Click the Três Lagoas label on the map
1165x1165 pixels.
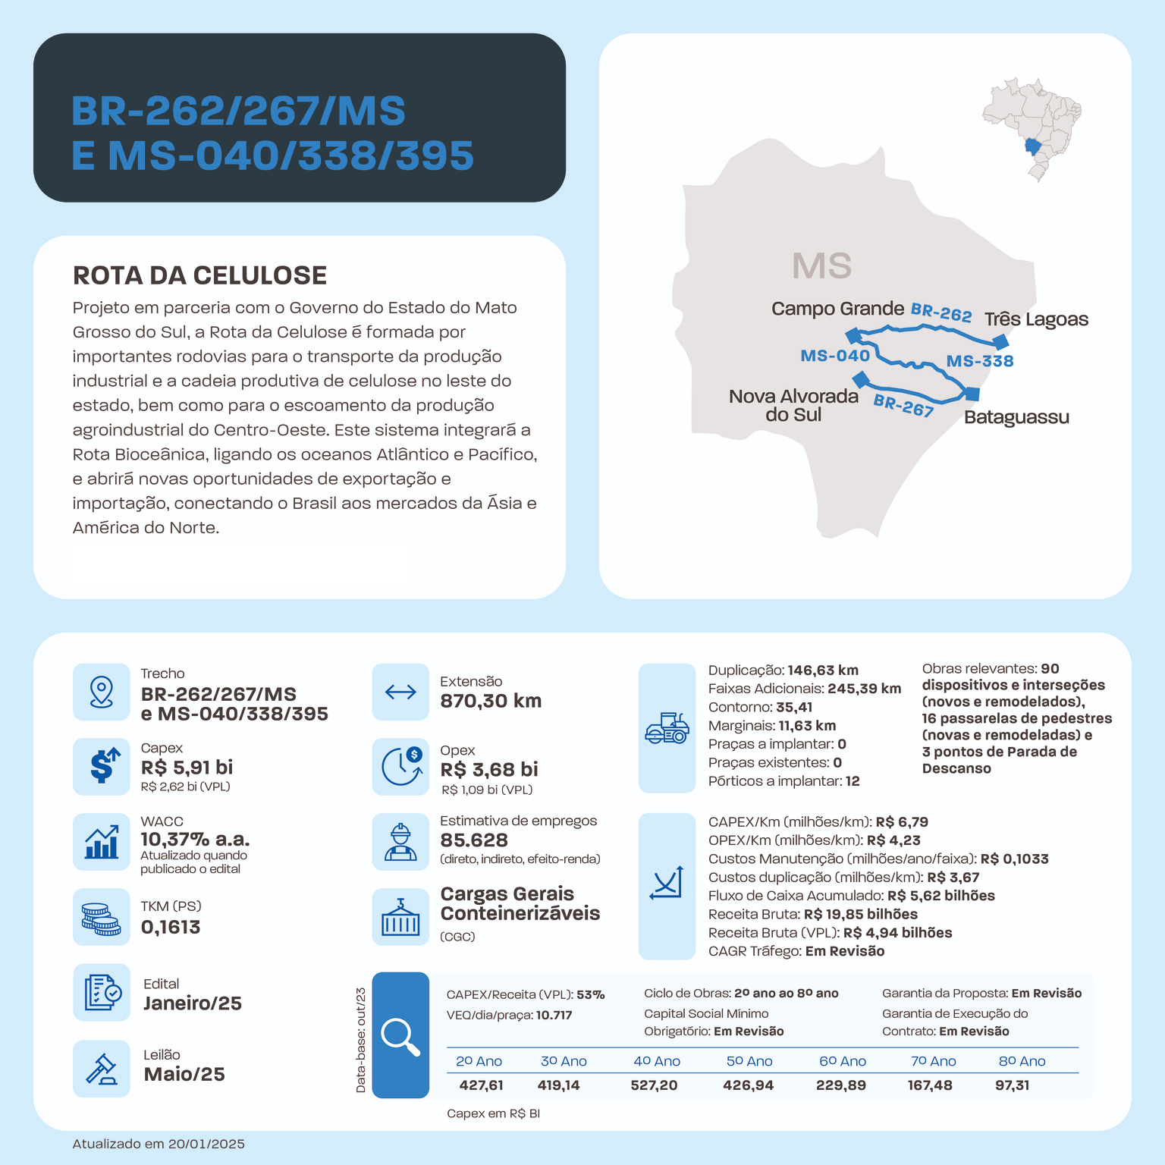coord(1036,319)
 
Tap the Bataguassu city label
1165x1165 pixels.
coord(1016,417)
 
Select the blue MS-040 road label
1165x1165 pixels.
coord(835,356)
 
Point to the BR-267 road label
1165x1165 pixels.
coord(903,406)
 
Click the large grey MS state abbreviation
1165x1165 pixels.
coord(821,266)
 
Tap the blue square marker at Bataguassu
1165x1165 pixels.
coord(972,394)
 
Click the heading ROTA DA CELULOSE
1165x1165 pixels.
coord(199,275)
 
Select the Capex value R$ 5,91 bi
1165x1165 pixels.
coord(187,768)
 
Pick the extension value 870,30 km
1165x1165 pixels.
coord(491,701)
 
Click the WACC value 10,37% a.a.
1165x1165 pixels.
coord(195,840)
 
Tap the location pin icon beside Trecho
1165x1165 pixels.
coord(102,692)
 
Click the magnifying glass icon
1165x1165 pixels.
coord(400,1035)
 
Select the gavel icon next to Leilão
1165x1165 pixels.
coord(102,1069)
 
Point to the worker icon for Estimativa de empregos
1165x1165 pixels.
coord(400,842)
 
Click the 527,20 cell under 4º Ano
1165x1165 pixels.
coord(654,1085)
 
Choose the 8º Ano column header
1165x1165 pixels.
coord(1022,1061)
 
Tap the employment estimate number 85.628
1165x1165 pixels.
coord(474,840)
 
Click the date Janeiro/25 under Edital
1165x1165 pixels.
coord(193,1003)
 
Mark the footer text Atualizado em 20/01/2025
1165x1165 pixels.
coord(159,1144)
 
